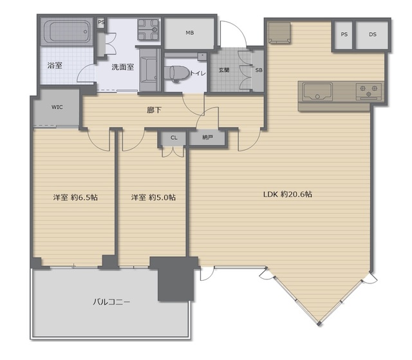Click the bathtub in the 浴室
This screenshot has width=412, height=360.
tap(68, 32)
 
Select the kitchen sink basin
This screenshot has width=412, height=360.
tap(317, 91)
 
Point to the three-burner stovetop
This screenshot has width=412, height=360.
tap(369, 91)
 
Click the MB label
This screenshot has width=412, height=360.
tap(190, 33)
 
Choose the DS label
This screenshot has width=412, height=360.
tap(373, 34)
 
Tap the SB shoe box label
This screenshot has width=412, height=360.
tap(259, 70)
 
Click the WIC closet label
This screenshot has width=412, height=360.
tap(57, 107)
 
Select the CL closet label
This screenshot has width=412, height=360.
tap(174, 138)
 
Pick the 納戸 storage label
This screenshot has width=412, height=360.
tap(207, 137)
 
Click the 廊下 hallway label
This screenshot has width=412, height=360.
tap(154, 110)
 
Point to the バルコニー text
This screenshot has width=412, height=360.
tap(111, 301)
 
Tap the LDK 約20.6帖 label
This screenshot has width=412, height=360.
tap(288, 194)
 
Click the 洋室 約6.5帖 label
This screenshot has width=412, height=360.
tap(75, 197)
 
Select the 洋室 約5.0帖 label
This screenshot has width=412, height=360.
tap(153, 197)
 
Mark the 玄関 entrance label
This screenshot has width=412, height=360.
tap(224, 70)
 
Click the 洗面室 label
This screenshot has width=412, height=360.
tap(123, 67)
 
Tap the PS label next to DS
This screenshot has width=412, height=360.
tap(344, 34)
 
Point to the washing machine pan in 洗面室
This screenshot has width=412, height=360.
tap(148, 30)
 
